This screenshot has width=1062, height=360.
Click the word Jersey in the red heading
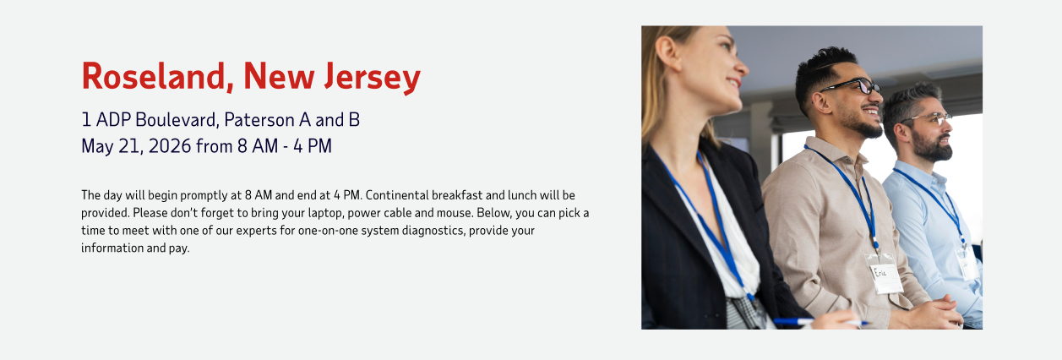373,78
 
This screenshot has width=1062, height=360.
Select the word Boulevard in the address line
177,120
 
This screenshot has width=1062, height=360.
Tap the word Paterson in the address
259,120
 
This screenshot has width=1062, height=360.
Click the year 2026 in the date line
170,146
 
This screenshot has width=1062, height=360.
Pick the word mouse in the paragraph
455,213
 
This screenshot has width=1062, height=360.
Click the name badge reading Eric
885,274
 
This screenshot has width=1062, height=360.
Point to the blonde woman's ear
668,52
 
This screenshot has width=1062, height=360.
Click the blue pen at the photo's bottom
821,322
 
